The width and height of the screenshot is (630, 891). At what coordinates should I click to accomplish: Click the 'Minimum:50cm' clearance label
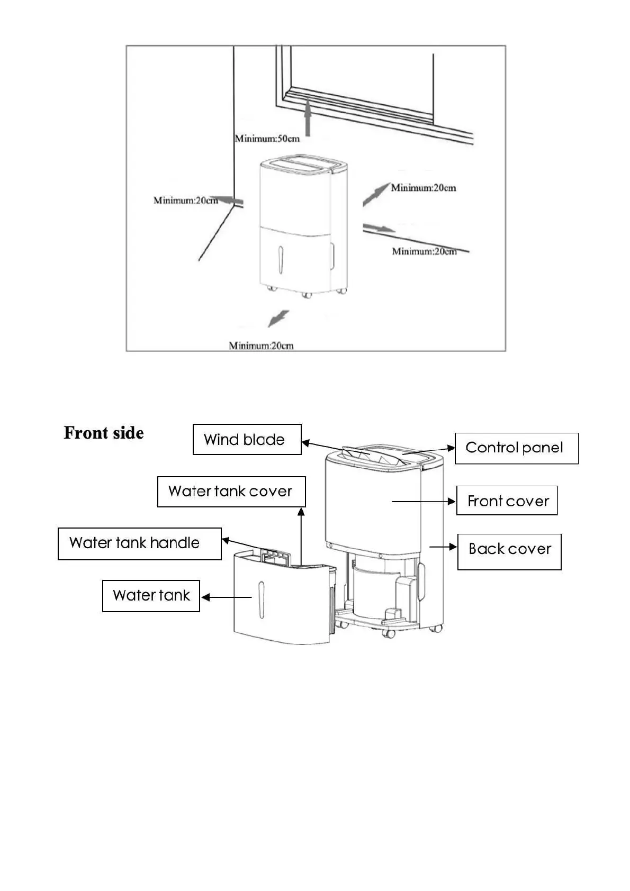[x=267, y=139]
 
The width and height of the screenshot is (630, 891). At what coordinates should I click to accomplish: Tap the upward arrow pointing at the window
[x=308, y=120]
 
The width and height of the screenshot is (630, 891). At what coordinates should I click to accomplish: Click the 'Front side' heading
[x=104, y=433]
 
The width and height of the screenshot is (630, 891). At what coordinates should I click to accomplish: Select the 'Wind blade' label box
[x=247, y=439]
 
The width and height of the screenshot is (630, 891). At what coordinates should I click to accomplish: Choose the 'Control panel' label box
[x=516, y=448]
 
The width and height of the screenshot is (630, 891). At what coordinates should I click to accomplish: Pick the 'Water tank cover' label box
[x=231, y=492]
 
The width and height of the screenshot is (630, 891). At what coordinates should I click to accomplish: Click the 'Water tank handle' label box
[x=139, y=543]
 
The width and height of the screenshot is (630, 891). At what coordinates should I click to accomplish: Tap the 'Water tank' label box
[x=151, y=596]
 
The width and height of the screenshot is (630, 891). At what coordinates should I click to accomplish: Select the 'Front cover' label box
[x=507, y=501]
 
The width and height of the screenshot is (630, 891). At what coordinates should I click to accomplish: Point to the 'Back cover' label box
[x=509, y=551]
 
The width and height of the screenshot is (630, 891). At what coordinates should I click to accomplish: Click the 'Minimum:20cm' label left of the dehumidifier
[x=185, y=201]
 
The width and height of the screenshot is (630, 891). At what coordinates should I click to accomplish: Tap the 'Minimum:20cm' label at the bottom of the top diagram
[x=261, y=346]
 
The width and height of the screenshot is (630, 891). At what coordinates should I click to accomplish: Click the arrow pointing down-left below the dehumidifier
[x=278, y=319]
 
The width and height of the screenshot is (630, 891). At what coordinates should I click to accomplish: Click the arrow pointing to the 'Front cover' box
[x=424, y=502]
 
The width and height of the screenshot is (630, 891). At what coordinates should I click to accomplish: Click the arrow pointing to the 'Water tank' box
[x=226, y=597]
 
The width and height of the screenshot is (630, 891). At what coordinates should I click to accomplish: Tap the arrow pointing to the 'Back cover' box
[x=443, y=547]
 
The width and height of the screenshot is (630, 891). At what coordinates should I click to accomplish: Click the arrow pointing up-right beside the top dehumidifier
[x=376, y=194]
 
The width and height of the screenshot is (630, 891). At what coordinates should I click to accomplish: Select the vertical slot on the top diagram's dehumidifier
[x=280, y=260]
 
